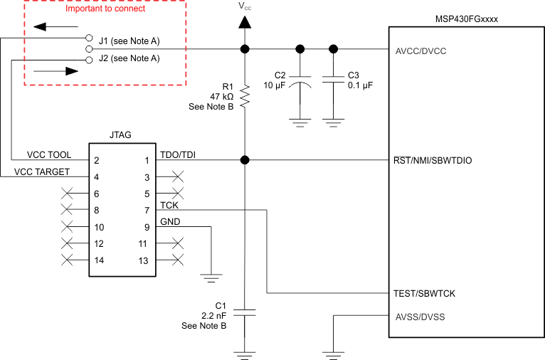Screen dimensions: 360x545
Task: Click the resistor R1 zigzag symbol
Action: point(245,96)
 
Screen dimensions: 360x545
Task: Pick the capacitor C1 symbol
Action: point(245,312)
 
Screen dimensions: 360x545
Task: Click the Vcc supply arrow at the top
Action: point(245,22)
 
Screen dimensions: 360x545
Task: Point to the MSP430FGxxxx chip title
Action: point(466,17)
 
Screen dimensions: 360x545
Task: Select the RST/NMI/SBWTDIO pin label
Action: point(432,161)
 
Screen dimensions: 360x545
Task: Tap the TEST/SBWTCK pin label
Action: point(424,293)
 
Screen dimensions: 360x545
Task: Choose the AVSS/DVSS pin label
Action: point(419,317)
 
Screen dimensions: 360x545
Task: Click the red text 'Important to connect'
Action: point(105,9)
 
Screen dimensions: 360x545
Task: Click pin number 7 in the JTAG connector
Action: point(147,211)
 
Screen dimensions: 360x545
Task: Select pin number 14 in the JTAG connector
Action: point(99,260)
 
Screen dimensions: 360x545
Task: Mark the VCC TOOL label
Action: point(49,155)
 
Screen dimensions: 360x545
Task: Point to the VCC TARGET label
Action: point(43,171)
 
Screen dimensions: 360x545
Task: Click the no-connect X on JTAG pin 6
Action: point(68,194)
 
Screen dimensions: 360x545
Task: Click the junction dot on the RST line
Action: point(245,161)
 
